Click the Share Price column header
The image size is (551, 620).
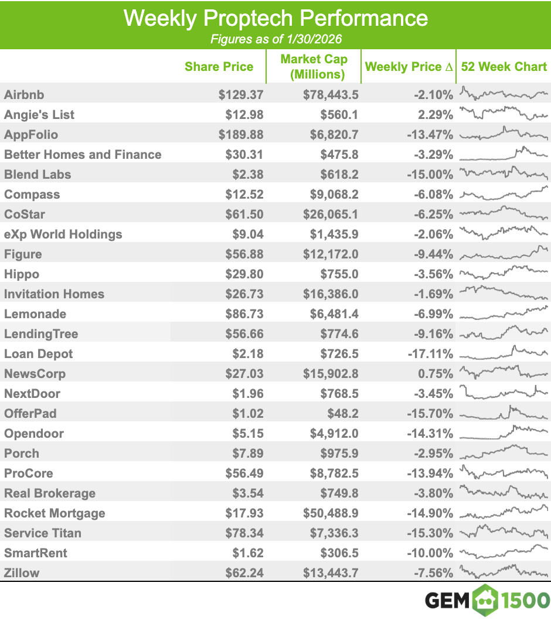tap(219, 66)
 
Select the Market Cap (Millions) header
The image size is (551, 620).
tap(314, 66)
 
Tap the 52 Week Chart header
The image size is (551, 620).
tap(504, 66)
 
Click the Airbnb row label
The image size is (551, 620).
tap(24, 94)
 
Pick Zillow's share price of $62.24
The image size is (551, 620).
tap(244, 573)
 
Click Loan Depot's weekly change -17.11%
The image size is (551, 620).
tap(430, 353)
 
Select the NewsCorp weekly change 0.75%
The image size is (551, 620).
tap(436, 373)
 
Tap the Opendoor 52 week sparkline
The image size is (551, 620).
tap(504, 432)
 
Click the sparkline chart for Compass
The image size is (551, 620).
tap(504, 193)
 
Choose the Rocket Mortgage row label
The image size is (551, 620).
tap(55, 513)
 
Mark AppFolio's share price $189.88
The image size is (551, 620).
tap(241, 134)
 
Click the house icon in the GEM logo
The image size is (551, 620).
tap(485, 600)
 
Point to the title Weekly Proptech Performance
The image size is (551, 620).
tap(275, 18)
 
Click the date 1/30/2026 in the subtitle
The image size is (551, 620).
tap(314, 39)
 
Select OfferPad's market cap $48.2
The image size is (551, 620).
tap(343, 413)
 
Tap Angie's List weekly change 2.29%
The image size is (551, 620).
tap(436, 115)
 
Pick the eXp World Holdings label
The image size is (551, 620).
tap(63, 234)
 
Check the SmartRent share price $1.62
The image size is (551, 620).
tap(248, 553)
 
